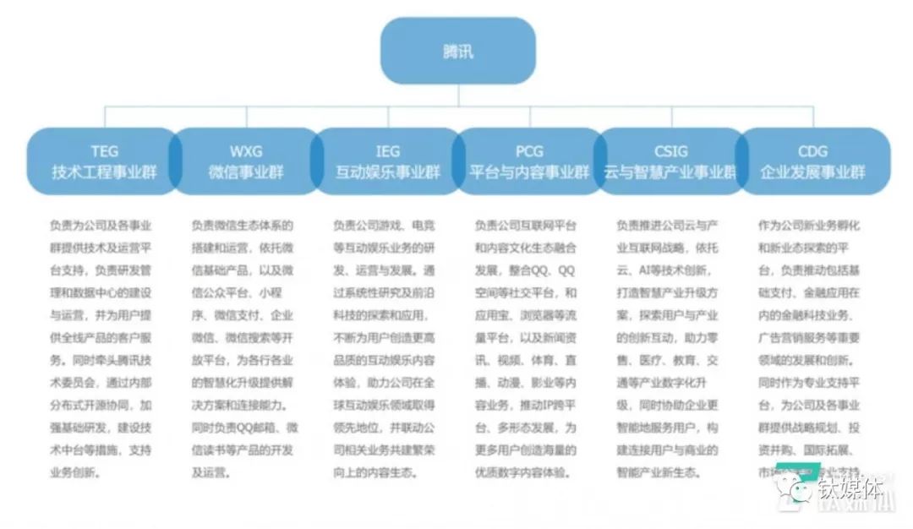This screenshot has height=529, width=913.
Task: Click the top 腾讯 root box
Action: [x=457, y=51]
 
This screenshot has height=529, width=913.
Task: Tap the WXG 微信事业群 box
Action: [x=245, y=161]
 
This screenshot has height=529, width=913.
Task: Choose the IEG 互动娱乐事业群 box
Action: [x=387, y=161]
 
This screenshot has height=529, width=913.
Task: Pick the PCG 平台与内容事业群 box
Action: [x=529, y=161]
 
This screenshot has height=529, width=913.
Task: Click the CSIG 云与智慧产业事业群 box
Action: [x=670, y=161]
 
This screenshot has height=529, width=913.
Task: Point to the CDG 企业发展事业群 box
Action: [x=812, y=161]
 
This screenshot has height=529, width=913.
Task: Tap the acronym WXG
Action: [x=245, y=152]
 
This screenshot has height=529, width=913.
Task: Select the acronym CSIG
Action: [x=670, y=152]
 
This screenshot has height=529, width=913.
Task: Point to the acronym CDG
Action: [x=812, y=152]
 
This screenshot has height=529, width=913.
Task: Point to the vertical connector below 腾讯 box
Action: [x=457, y=94]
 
